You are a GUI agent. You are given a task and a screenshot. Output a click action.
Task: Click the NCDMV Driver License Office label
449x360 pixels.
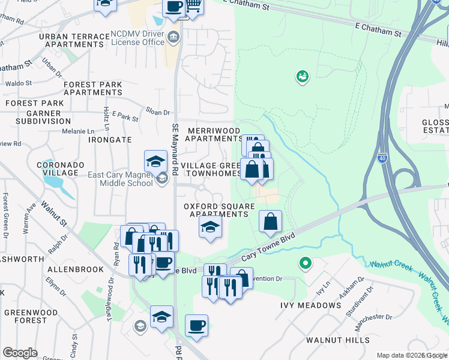coord(137,38)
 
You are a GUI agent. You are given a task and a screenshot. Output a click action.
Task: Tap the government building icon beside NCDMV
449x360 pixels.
coord(174,37)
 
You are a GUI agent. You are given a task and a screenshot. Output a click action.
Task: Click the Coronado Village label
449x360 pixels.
coord(58,169)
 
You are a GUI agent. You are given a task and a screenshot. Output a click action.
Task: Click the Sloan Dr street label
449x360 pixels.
coord(158,111)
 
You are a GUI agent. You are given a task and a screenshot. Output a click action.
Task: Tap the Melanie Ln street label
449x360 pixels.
coord(79,131)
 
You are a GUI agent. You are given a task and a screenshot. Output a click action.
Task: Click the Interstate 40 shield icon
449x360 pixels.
coord(382,158)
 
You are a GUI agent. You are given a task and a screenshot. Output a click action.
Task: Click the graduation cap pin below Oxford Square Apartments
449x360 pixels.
coord(210,227)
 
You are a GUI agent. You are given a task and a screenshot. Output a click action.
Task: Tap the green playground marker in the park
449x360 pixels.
coord(302,76)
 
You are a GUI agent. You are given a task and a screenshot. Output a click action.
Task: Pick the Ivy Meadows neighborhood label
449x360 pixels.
coord(310,305)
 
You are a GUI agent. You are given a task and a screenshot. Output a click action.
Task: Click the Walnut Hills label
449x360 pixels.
coord(338,340)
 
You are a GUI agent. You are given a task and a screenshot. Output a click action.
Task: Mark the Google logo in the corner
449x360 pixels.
coord(20,353)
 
